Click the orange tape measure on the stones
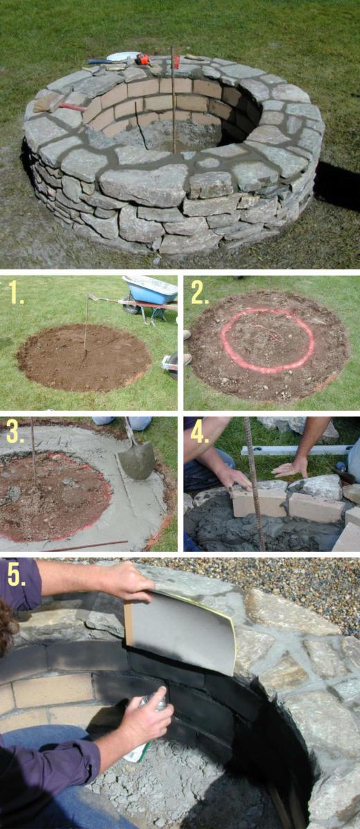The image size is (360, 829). coord(142,59)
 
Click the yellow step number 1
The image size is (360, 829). coord(17,292)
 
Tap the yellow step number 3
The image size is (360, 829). coord(14,432)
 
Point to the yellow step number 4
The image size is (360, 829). coord(199,432)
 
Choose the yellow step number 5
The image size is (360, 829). coord(17,575)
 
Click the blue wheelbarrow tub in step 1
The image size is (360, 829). coord(150,289)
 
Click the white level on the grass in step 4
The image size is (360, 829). coord(296,450)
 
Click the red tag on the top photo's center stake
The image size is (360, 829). coord(176,61)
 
